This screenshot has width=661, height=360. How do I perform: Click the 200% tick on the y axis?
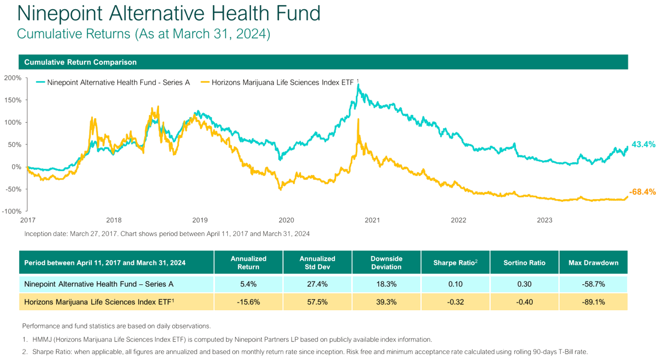[13, 78]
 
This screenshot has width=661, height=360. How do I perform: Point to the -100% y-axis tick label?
[12, 211]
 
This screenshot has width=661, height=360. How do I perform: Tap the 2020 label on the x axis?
[286, 220]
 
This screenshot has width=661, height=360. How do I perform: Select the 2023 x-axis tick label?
[544, 220]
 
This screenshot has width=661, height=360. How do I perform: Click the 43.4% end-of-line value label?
[643, 145]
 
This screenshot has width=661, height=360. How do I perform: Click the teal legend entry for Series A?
[113, 83]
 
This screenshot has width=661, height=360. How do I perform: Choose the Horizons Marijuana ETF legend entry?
[279, 83]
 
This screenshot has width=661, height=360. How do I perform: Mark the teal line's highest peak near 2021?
[358, 85]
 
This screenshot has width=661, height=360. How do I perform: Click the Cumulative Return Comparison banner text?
[80, 62]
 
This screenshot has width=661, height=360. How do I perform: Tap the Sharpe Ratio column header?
[455, 263]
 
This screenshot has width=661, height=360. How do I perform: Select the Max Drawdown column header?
[593, 263]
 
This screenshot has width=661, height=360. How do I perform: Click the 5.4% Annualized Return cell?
[248, 284]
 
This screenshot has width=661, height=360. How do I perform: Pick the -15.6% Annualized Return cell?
[248, 302]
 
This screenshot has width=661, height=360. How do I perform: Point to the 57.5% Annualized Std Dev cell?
[317, 302]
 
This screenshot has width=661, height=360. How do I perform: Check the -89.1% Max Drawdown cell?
[593, 302]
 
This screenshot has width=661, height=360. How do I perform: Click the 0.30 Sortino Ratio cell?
[524, 284]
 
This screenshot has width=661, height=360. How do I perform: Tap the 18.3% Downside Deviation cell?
[386, 284]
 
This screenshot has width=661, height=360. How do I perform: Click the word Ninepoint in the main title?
[60, 14]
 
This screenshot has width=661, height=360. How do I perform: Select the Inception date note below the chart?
[167, 234]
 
